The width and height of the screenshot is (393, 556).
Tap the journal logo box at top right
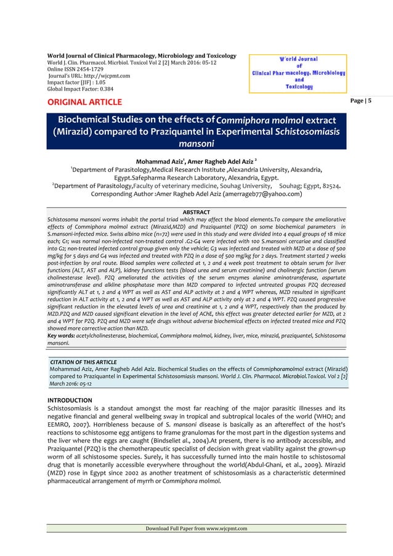click(x=298, y=73)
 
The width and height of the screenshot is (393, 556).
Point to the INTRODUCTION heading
click(x=70, y=400)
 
